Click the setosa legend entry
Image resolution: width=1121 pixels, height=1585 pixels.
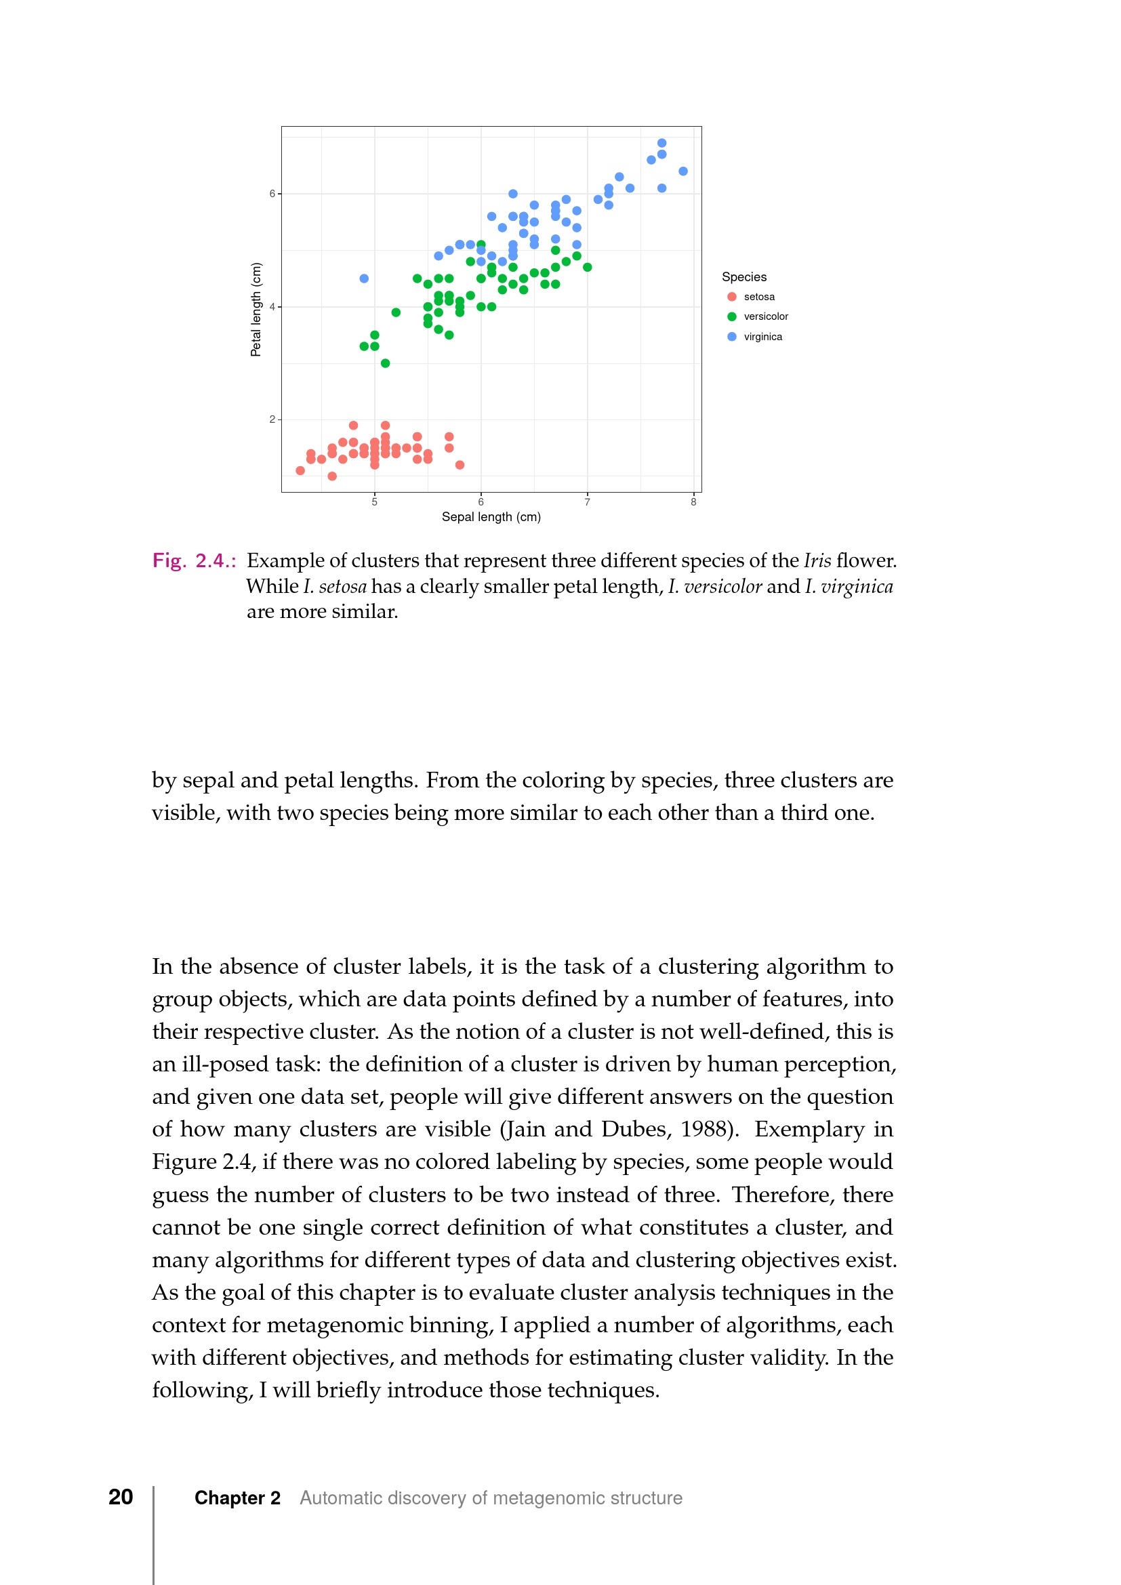(x=758, y=297)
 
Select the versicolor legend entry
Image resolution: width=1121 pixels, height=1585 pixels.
(x=765, y=317)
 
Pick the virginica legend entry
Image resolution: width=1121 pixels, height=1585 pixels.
(x=762, y=337)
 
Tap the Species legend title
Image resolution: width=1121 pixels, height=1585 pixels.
(x=743, y=277)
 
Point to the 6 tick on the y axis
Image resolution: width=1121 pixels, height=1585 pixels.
(x=272, y=194)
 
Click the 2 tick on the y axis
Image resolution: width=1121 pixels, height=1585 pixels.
(x=272, y=419)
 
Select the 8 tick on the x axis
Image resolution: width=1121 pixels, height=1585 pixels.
(x=693, y=503)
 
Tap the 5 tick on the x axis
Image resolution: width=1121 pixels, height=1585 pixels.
(x=375, y=503)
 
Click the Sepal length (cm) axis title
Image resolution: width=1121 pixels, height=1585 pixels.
(x=491, y=517)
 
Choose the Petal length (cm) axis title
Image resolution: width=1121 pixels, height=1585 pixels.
(x=256, y=309)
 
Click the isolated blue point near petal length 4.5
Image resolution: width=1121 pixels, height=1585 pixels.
(x=364, y=279)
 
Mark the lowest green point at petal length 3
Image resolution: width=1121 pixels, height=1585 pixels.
(x=385, y=364)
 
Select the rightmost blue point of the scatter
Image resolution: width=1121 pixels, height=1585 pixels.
(x=682, y=171)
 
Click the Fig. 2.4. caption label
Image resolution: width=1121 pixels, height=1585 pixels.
(x=194, y=560)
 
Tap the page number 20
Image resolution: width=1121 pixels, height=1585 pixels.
(x=121, y=1497)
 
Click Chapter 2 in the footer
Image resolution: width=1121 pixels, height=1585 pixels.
(x=237, y=1498)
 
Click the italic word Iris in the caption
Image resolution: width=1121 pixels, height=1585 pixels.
(x=817, y=560)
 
